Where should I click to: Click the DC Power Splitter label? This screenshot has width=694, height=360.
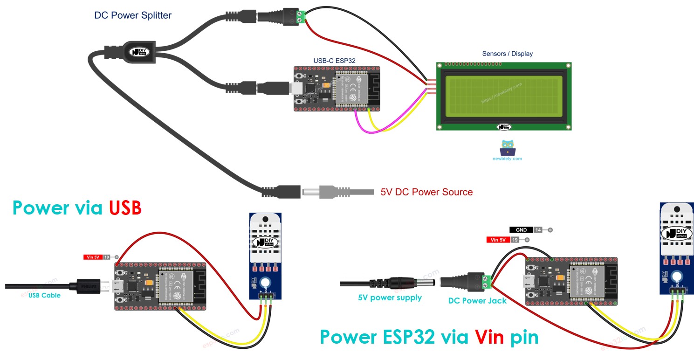133,15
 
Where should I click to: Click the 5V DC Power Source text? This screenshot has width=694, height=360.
426,192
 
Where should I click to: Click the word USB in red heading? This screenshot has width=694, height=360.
125,208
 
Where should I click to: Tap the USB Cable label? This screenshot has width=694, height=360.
44,295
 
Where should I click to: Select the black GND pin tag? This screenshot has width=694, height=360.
521,230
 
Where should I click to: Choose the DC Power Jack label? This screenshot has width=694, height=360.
477,301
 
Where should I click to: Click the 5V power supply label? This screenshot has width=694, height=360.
390,298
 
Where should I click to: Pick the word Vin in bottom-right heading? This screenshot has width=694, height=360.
489,337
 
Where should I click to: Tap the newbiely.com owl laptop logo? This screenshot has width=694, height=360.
507,148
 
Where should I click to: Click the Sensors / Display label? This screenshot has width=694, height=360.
507,54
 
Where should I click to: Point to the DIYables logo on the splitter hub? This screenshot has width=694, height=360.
138,52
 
